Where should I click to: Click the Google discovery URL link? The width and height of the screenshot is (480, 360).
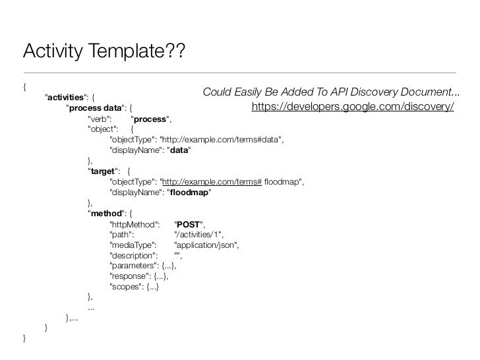[353, 107]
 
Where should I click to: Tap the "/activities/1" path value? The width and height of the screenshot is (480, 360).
[198, 235]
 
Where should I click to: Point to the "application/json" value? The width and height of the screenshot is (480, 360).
[206, 245]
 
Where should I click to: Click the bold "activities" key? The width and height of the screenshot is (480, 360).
[68, 98]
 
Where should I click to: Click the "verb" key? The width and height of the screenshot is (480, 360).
[100, 119]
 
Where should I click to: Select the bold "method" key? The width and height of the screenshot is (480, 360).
[105, 214]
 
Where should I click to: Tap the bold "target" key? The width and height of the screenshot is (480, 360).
[103, 172]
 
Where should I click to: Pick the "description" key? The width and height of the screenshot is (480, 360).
[133, 256]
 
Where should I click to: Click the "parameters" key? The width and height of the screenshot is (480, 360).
[134, 266]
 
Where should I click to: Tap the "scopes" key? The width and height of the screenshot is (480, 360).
[127, 287]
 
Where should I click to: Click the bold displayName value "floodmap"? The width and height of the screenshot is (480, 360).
[189, 193]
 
